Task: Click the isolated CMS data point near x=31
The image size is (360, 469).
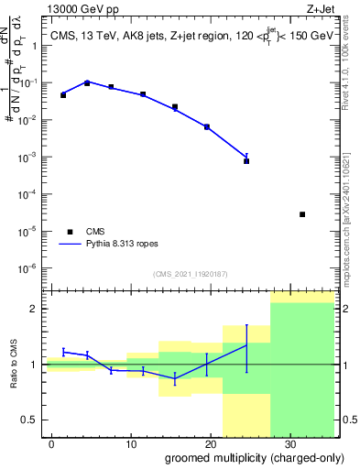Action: click(x=302, y=214)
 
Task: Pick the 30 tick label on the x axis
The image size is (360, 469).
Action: click(x=289, y=442)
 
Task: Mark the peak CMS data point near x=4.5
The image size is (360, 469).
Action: click(x=87, y=82)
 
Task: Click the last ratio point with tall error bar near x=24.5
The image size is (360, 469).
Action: click(x=246, y=344)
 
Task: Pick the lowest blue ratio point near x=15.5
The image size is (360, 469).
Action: click(x=175, y=378)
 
